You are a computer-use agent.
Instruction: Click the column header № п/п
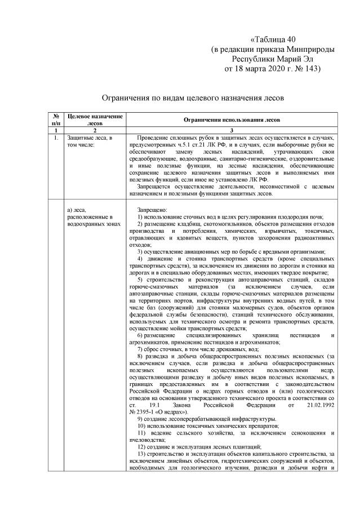tap(56, 119)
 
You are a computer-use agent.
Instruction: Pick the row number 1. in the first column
tap(56, 138)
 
